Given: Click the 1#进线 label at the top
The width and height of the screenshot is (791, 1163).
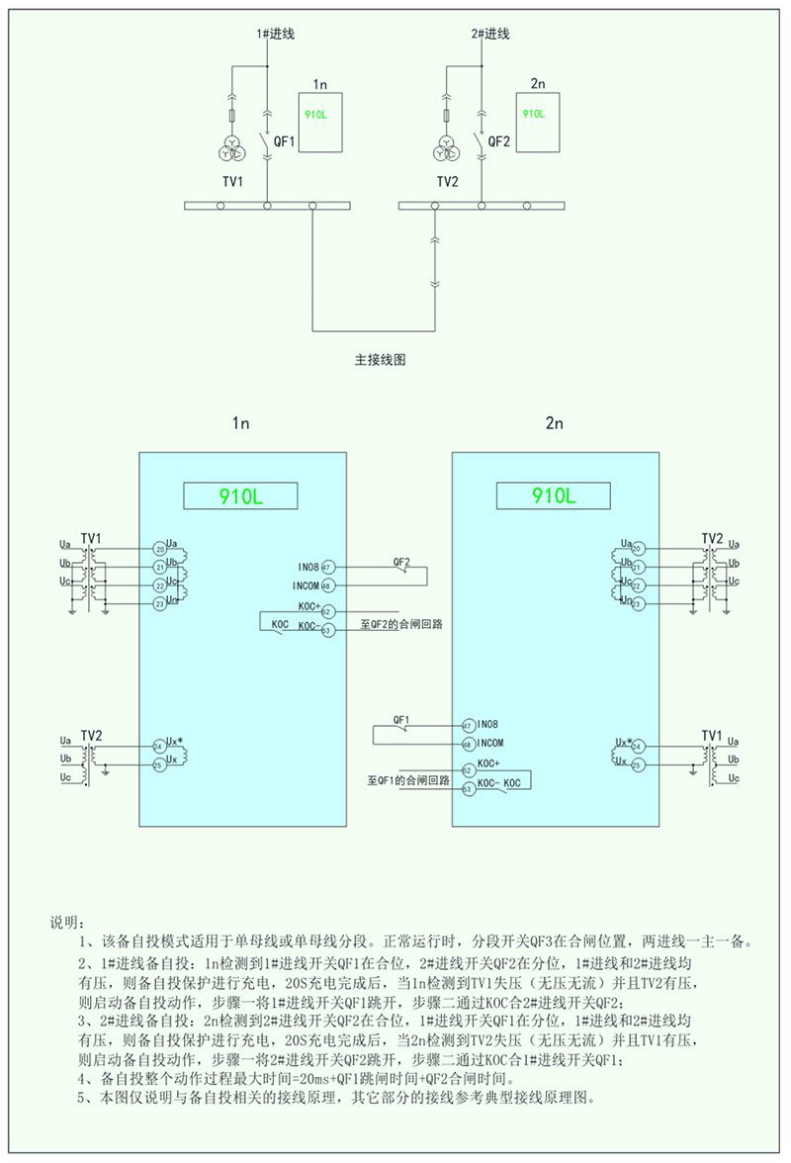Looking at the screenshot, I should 277,35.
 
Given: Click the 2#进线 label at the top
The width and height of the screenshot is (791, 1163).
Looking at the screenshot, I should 490,35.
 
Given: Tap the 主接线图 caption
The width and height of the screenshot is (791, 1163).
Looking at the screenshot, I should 381,361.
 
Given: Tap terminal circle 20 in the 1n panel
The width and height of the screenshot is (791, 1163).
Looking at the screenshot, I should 159,548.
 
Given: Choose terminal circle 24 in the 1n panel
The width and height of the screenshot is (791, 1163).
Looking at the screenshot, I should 159,746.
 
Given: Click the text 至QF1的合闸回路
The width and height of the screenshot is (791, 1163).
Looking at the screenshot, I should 407,780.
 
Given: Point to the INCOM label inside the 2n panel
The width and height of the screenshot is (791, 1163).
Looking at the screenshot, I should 491,743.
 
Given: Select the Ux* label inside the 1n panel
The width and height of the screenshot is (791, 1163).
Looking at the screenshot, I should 175,741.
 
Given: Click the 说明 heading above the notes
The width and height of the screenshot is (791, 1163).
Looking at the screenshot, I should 68,922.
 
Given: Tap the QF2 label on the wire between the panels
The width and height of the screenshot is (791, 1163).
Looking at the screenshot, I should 401,561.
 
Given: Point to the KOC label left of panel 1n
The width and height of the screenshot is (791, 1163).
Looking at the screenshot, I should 279,623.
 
